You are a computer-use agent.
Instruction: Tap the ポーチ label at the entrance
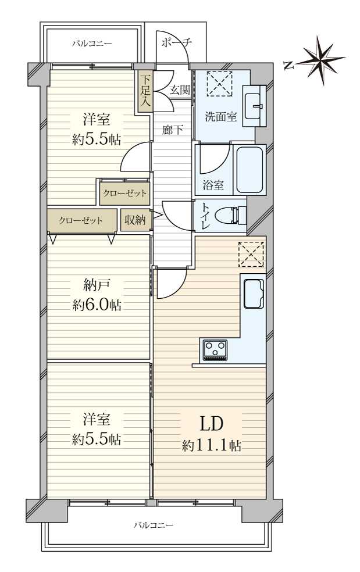pyautogui.click(x=176, y=42)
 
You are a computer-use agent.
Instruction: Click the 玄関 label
pyautogui.click(x=180, y=90)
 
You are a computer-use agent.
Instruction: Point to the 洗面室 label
pyautogui.click(x=220, y=117)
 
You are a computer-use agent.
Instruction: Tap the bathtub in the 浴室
pyautogui.click(x=250, y=170)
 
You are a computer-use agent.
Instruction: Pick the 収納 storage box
pyautogui.click(x=136, y=220)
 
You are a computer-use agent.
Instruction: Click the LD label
pyautogui.click(x=211, y=424)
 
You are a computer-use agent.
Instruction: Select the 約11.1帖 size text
pyautogui.click(x=212, y=445)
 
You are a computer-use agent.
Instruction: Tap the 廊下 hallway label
pyautogui.click(x=172, y=130)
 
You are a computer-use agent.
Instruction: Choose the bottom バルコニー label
pyautogui.click(x=154, y=525)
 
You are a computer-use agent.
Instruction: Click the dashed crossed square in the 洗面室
pyautogui.click(x=220, y=84)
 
